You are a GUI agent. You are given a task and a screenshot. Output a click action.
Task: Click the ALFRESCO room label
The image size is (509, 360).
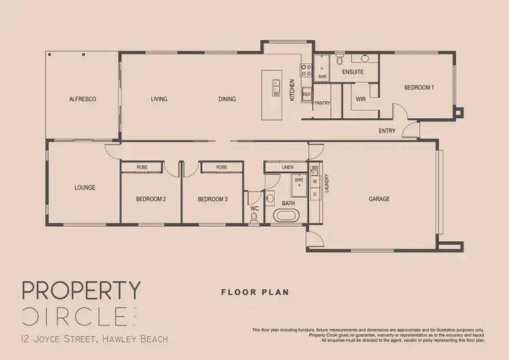83,99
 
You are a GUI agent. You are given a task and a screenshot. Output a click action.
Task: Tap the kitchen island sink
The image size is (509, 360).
277,85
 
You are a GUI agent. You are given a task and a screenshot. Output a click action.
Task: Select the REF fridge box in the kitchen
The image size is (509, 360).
307,94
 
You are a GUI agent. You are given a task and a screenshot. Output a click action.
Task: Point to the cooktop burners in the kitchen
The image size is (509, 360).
305,68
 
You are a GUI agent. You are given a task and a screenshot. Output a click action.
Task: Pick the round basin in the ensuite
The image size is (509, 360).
364,59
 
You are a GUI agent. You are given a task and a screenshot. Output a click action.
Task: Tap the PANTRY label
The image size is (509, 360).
322,103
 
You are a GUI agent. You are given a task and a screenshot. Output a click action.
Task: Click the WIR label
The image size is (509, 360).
360,99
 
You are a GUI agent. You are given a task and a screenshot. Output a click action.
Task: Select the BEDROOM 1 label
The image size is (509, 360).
419,87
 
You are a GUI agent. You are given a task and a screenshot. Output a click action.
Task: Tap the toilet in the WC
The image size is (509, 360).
254,216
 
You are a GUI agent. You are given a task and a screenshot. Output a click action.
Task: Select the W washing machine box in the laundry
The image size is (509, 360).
314,181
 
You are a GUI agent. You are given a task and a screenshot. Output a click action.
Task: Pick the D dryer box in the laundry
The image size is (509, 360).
314,194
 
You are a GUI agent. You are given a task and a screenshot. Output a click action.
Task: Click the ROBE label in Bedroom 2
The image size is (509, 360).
142,166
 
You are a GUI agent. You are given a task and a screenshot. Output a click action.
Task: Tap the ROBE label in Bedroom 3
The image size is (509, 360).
221,166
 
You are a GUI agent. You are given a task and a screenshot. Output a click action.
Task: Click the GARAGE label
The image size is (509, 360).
379,199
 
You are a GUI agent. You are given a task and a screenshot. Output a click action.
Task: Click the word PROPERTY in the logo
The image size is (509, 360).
81,290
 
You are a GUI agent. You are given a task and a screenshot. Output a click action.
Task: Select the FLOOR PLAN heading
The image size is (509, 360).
255,293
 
